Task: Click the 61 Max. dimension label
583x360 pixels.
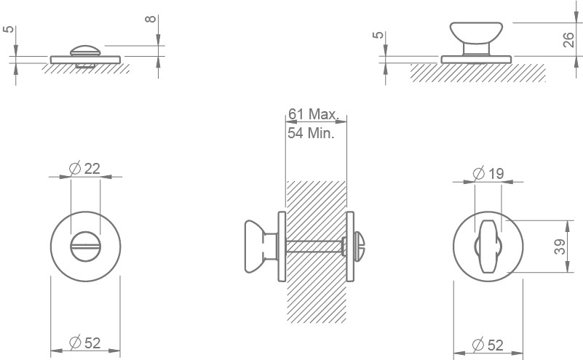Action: click(x=313, y=114)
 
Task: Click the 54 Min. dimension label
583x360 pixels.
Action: click(x=312, y=133)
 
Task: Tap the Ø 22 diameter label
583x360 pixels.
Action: click(x=85, y=169)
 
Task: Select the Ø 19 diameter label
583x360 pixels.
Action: click(x=488, y=173)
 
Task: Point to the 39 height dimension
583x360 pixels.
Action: click(x=559, y=247)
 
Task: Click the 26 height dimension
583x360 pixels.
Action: click(x=568, y=40)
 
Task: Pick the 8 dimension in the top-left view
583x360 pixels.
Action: click(x=150, y=19)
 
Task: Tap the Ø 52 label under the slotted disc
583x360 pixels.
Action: click(x=85, y=343)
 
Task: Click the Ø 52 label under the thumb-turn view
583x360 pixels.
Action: click(x=488, y=345)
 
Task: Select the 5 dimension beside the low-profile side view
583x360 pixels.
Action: click(x=9, y=29)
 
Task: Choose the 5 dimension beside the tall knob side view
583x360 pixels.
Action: click(x=378, y=35)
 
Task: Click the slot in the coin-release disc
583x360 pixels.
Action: click(x=85, y=247)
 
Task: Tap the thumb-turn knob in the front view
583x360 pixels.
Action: click(x=488, y=246)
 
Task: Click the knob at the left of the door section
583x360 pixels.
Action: click(x=261, y=247)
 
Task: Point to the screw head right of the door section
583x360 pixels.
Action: click(x=361, y=247)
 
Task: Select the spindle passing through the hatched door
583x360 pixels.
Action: click(x=314, y=247)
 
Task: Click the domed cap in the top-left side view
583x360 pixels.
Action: click(x=85, y=51)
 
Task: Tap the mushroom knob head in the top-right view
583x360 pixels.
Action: click(x=476, y=33)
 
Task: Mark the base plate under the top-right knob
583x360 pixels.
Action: click(x=476, y=60)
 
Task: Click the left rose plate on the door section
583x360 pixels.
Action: click(x=282, y=247)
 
